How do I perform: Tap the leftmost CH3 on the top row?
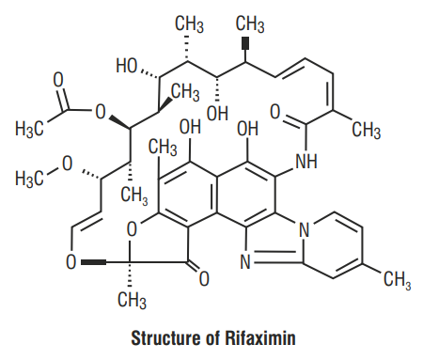click(194, 22)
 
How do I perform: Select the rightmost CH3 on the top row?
click(251, 22)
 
